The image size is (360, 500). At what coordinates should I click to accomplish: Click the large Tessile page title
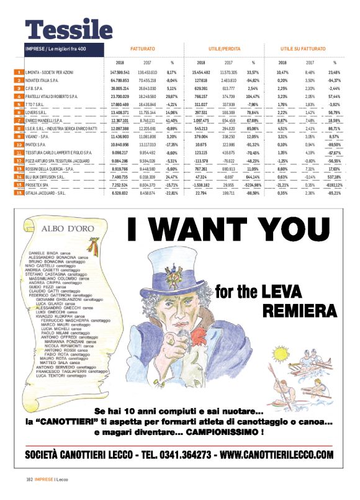pyautogui.click(x=68, y=29)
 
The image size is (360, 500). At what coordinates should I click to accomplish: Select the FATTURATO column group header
pyautogui.click(x=143, y=48)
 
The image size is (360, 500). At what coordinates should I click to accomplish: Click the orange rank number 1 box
pyautogui.click(x=20, y=73)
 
